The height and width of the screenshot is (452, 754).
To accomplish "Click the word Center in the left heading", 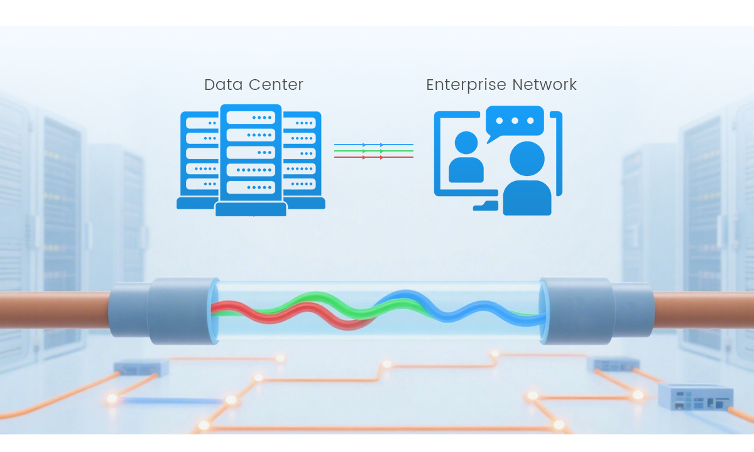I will point(274,85).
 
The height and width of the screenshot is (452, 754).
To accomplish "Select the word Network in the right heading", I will point(544,85).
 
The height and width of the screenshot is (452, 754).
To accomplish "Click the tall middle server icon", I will point(251,157).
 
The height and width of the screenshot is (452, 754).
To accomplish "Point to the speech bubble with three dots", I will point(515,121).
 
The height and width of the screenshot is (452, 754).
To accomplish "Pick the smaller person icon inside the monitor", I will point(466,157).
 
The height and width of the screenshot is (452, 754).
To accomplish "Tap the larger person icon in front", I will point(527,179).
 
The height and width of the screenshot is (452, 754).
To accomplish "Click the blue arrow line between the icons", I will point(373,145).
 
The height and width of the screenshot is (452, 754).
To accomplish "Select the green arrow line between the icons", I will point(373,152).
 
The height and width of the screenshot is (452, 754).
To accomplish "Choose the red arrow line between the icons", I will point(373,157).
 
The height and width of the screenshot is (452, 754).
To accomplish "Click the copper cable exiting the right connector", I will point(704,309).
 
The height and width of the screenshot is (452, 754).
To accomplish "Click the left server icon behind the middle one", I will point(199,157).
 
